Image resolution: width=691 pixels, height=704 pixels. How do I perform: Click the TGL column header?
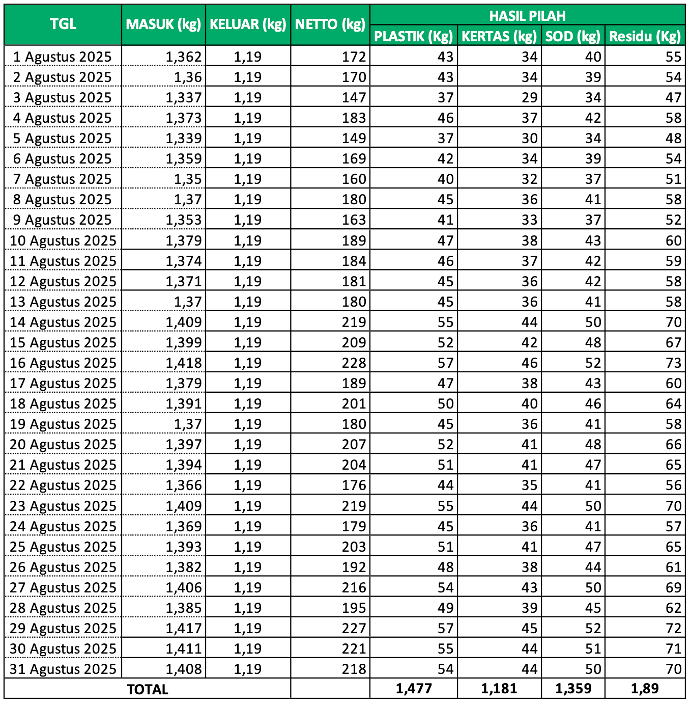click(x=63, y=24)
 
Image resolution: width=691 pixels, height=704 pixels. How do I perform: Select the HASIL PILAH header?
click(x=527, y=16)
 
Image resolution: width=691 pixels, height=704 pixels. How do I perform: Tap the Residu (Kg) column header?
click(x=645, y=36)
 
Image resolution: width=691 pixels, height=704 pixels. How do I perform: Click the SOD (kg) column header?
click(x=573, y=36)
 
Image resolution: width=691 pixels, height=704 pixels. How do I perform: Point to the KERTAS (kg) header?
click(x=499, y=36)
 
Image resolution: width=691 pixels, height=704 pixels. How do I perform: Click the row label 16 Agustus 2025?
click(x=63, y=363)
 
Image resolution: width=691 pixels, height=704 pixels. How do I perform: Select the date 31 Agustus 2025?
click(x=63, y=669)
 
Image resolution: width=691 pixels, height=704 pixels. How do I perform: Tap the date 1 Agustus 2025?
click(x=62, y=57)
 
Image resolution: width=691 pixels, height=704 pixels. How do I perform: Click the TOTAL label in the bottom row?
click(x=147, y=689)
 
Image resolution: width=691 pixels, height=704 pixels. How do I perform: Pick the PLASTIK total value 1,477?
click(x=414, y=689)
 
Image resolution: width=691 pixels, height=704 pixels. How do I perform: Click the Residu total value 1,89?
click(x=645, y=689)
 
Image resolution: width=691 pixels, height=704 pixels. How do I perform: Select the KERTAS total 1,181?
click(x=499, y=689)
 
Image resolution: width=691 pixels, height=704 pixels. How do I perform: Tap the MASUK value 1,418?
click(x=184, y=363)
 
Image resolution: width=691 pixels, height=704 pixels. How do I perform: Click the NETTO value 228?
click(x=354, y=363)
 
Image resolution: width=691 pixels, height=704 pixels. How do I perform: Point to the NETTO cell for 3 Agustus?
click(x=354, y=98)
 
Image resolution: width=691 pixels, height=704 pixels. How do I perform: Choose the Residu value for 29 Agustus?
click(x=673, y=628)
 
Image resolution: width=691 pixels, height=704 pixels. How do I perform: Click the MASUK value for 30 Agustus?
click(x=184, y=648)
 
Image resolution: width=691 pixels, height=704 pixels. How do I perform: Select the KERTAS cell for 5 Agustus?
click(x=529, y=139)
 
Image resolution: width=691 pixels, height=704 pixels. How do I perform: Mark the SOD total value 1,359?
click(x=573, y=689)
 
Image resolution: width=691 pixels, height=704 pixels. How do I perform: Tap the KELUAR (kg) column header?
click(x=248, y=24)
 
